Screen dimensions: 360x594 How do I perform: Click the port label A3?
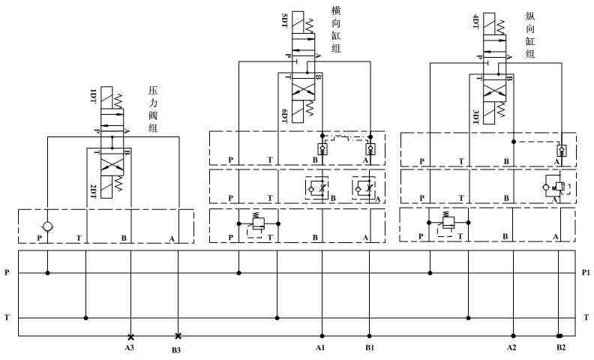pyautogui.click(x=130, y=349)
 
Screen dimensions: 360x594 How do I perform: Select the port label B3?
pyautogui.click(x=177, y=349)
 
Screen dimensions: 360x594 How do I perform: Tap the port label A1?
pyautogui.click(x=320, y=348)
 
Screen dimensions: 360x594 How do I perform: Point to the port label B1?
pyautogui.click(x=369, y=348)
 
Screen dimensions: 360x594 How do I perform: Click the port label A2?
pyautogui.click(x=511, y=348)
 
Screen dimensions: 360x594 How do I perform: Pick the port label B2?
pyautogui.click(x=560, y=348)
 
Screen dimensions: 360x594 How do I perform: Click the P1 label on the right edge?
pyautogui.click(x=585, y=273)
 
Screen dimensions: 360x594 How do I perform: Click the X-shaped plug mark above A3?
pyautogui.click(x=130, y=336)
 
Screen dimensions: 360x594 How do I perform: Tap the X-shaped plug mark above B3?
pyautogui.click(x=178, y=336)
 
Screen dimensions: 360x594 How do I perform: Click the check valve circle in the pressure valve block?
pyautogui.click(x=47, y=226)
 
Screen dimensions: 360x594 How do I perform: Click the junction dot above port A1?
pyautogui.click(x=322, y=336)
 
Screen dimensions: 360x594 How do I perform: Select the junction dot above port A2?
pyautogui.click(x=513, y=336)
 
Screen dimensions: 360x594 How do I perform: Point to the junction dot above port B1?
pyautogui.click(x=369, y=336)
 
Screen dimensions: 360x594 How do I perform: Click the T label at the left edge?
pyautogui.click(x=7, y=318)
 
